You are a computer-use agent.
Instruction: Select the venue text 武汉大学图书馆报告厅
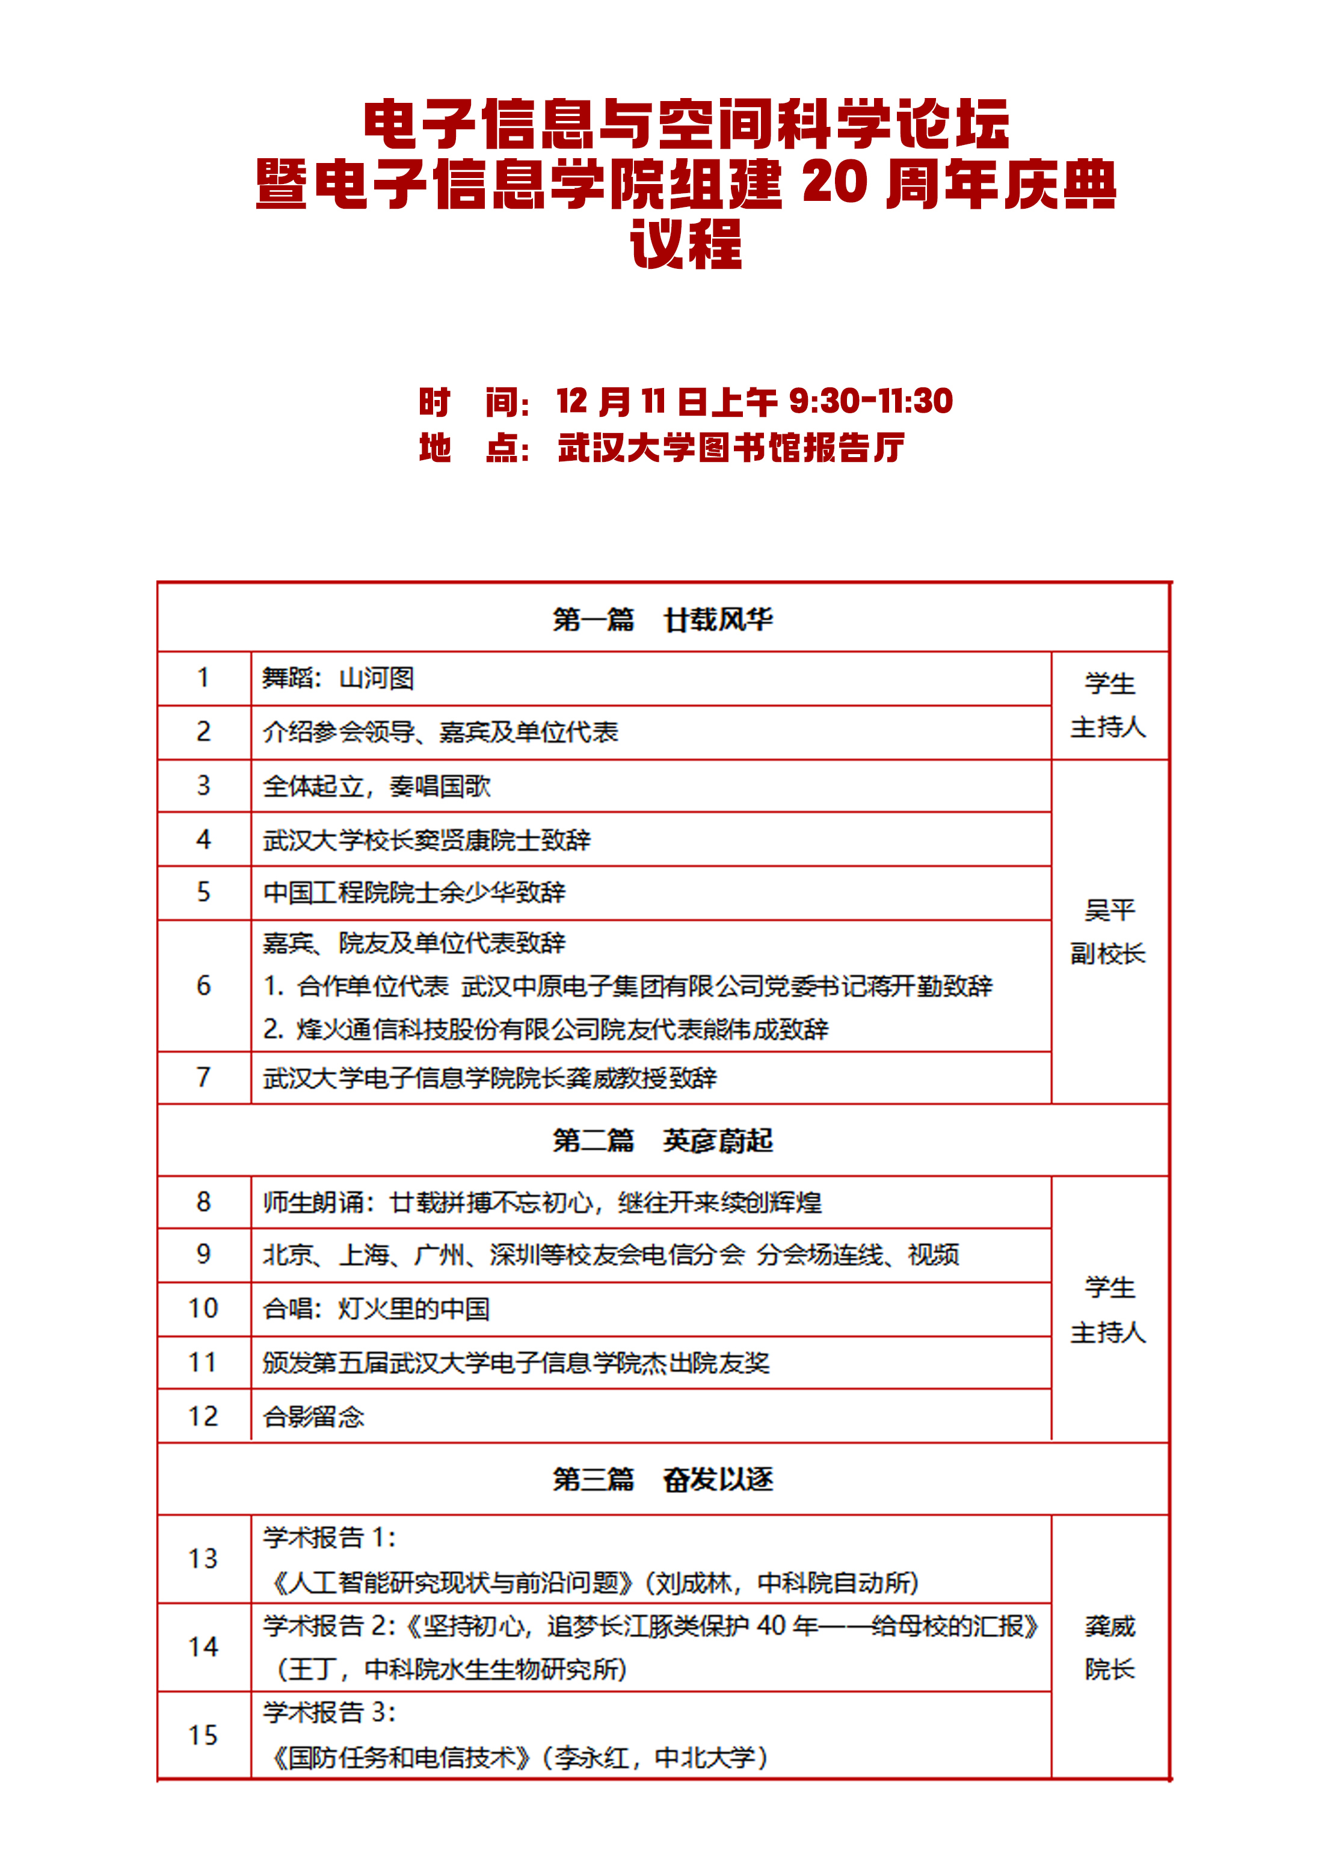tap(731, 448)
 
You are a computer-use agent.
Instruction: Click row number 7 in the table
tap(203, 1078)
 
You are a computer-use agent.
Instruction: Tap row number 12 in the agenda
tap(203, 1416)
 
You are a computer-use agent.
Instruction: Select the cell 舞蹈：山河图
tap(338, 678)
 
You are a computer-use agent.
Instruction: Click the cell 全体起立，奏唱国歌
tap(377, 786)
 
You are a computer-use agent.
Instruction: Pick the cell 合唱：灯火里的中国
tap(377, 1308)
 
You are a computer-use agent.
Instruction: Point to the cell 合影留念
tap(313, 1416)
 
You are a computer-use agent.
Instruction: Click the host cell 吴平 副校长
tap(1109, 932)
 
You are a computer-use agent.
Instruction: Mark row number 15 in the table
tap(203, 1735)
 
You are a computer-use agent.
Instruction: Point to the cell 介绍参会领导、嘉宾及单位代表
tap(440, 731)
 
